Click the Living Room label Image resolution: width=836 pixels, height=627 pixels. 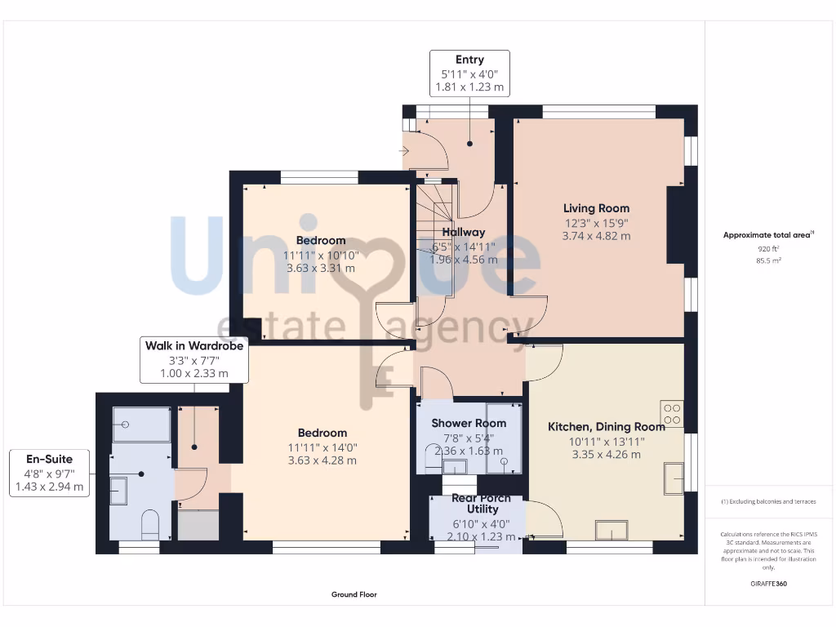point(596,208)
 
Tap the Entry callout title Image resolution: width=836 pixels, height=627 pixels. point(469,60)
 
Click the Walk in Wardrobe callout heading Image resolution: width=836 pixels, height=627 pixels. point(194,346)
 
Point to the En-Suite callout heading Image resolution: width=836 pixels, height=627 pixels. point(49,459)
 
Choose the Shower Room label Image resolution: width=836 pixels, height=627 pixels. point(469,423)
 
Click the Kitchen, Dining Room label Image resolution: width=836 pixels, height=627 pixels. point(606,426)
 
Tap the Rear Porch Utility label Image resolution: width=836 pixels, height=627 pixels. point(481,504)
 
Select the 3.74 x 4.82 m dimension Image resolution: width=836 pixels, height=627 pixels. point(596,236)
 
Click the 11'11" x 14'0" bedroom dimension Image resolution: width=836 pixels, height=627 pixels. point(322,447)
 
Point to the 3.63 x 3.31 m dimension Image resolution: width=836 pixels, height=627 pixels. point(321,268)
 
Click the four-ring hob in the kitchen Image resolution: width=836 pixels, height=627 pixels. point(672,414)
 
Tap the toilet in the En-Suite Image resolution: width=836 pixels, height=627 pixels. point(150,524)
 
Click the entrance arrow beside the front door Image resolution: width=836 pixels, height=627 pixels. point(404,151)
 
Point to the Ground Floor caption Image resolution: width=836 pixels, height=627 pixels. point(354,595)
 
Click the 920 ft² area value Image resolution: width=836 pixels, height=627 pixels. point(767,249)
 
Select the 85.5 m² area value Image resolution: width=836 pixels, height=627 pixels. point(767,261)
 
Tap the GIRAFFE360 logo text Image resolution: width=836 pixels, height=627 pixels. point(767,584)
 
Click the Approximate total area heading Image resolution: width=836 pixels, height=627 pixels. point(767,235)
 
